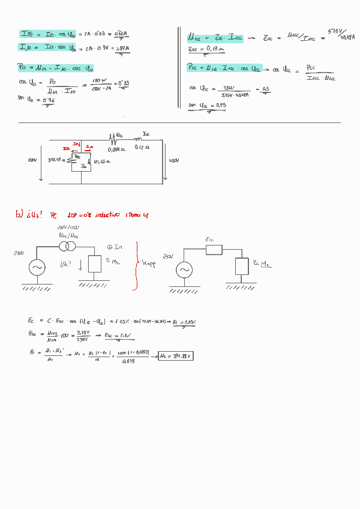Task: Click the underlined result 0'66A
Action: tap(124, 35)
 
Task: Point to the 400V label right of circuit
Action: tap(174, 160)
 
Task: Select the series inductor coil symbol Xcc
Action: tap(144, 138)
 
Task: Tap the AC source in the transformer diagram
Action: tap(37, 267)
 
